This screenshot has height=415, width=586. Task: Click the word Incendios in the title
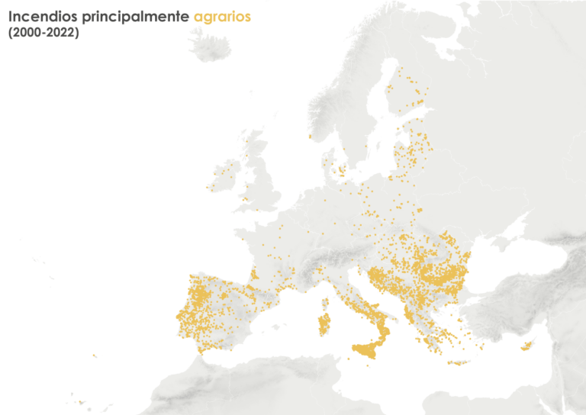[37, 16]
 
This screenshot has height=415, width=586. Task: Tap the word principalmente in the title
[129, 17]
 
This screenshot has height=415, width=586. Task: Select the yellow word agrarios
[221, 17]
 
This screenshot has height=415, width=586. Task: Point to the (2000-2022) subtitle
[43, 34]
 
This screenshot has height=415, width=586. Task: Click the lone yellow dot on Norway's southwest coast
[310, 137]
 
